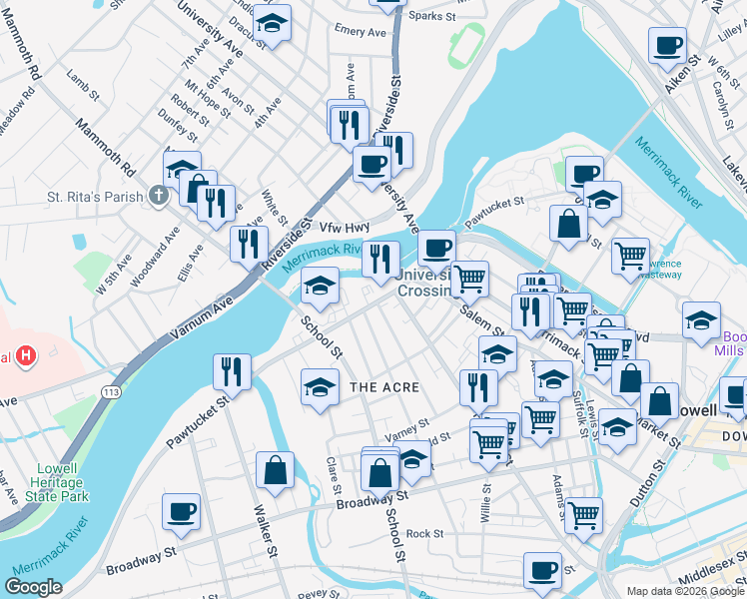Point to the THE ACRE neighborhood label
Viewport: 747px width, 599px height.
384,386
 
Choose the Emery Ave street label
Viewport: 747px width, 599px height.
361,32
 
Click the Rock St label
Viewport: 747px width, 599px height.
424,533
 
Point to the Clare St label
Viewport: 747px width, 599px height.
333,475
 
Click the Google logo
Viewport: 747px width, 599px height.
33,587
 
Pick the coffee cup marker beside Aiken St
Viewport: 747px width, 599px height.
667,44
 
